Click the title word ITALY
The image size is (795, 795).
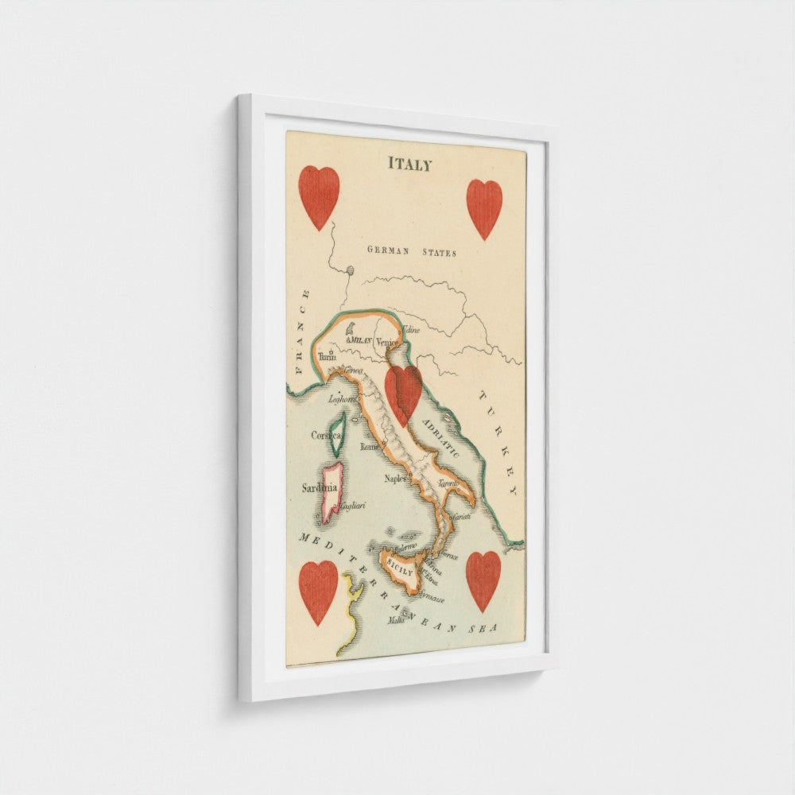coord(410,165)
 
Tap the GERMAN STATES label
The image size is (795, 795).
coord(412,252)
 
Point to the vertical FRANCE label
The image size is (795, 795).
coord(301,332)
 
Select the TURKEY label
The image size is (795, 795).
coord(497,444)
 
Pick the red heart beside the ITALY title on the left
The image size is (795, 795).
coord(319,197)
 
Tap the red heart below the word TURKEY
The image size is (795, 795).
coord(483,581)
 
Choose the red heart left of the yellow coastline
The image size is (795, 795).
coord(318,591)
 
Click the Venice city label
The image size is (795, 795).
coord(387,343)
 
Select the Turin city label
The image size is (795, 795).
coord(327,358)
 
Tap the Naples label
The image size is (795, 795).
coord(395,479)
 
